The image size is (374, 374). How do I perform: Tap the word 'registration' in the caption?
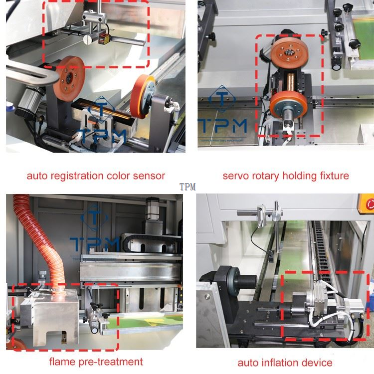tap(73, 176)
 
